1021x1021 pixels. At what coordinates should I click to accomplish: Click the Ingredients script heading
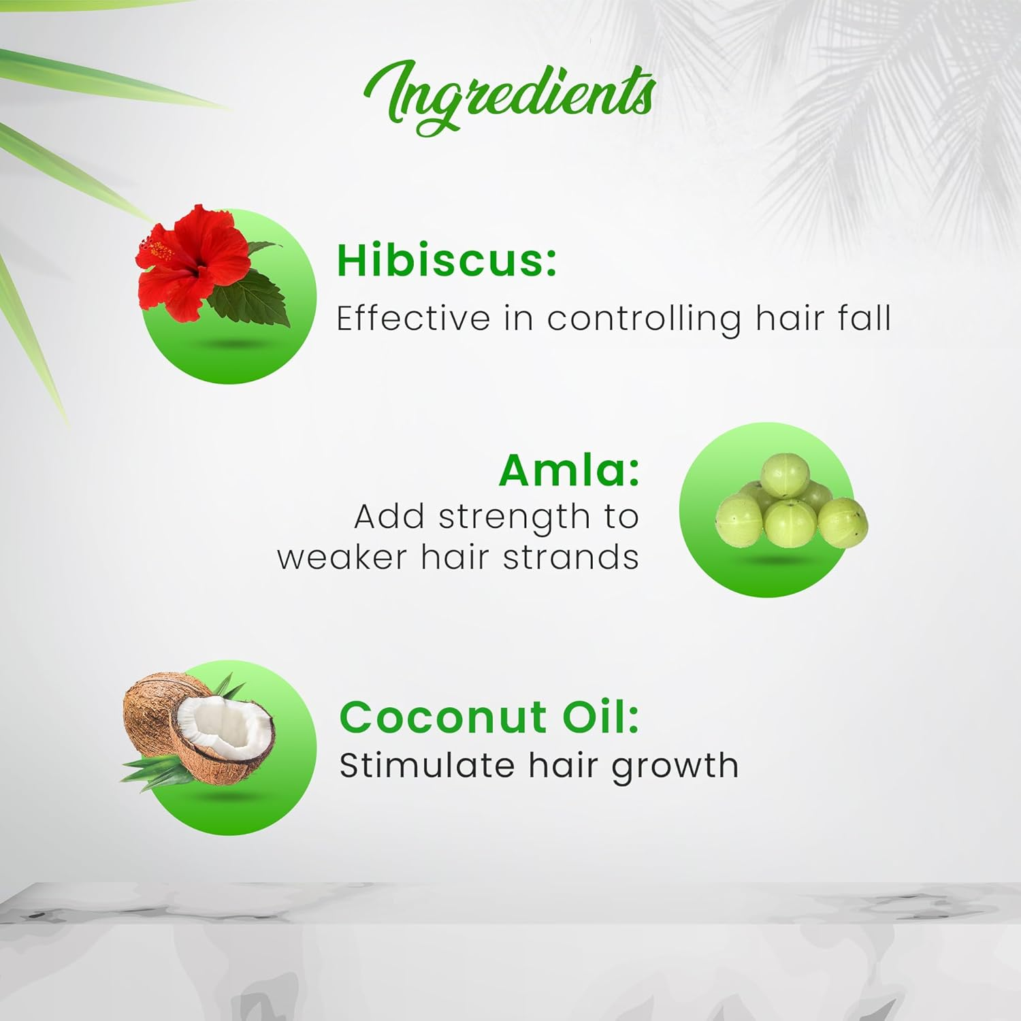[x=510, y=97]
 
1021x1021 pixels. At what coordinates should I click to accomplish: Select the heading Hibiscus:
[x=447, y=259]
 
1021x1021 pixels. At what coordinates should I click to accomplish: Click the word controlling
[x=644, y=319]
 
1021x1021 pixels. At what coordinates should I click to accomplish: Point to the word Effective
[x=413, y=318]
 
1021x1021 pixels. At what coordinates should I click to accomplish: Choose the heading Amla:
[x=570, y=470]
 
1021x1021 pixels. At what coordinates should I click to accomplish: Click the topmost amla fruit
[x=785, y=475]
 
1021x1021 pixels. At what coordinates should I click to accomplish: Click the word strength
[x=514, y=518]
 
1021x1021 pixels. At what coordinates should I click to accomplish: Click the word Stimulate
[x=427, y=765]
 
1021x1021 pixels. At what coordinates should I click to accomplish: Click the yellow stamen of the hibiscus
[x=161, y=250]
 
